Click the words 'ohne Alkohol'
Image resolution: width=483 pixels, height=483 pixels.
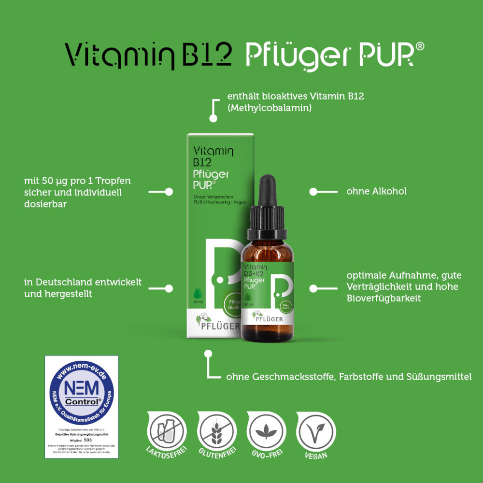[x=376, y=191]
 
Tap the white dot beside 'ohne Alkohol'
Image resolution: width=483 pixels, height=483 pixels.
[x=313, y=192]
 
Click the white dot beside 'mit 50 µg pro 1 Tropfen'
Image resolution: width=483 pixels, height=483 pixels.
[x=169, y=192]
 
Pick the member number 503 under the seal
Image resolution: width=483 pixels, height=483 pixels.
[x=88, y=441]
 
